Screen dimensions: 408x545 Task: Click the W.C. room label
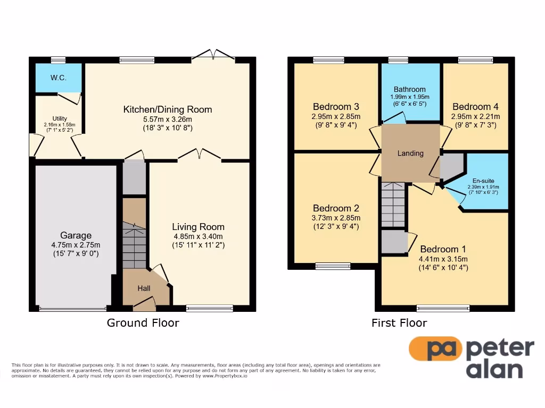(x=59, y=78)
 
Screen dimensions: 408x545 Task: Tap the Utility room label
(x=60, y=118)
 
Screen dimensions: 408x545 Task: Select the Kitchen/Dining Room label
(x=168, y=109)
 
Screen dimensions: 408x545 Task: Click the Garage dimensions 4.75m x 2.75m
(x=76, y=245)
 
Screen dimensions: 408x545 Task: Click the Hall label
(x=144, y=288)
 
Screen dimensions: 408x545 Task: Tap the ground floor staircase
(x=134, y=244)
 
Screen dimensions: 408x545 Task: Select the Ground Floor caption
(x=143, y=322)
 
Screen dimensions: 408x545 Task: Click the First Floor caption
(x=399, y=322)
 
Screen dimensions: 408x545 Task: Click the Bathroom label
(x=410, y=89)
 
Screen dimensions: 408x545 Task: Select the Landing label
(x=410, y=153)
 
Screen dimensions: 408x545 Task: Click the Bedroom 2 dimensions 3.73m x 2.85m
(x=336, y=218)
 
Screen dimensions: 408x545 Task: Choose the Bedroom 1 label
(x=443, y=249)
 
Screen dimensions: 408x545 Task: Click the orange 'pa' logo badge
(x=435, y=349)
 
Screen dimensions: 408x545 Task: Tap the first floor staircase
(x=393, y=205)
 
